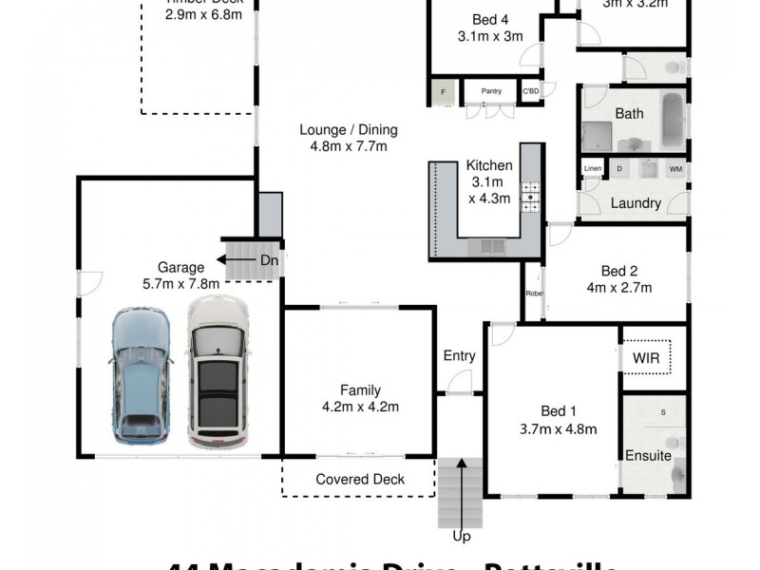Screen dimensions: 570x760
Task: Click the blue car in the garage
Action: point(142,375)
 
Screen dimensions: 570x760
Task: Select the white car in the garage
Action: point(218,371)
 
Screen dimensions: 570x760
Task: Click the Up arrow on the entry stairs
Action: point(462,494)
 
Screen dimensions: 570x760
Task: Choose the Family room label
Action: point(360,389)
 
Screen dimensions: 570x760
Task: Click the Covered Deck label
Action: point(360,480)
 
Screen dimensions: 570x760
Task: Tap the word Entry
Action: point(459,356)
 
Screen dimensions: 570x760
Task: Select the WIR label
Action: point(645,358)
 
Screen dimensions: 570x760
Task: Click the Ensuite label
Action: point(648,456)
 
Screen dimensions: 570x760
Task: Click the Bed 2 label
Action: point(618,269)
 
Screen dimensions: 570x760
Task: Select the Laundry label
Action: point(636,203)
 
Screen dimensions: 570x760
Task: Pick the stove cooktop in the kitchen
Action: point(529,196)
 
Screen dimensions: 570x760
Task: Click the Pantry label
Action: point(491,91)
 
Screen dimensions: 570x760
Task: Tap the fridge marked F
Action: point(442,93)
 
